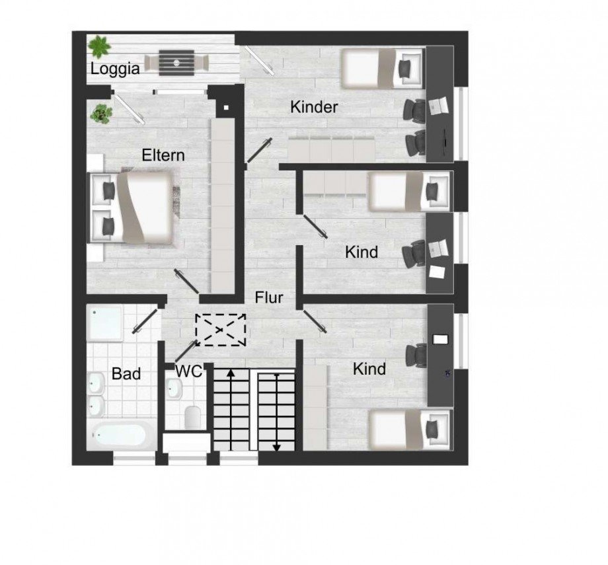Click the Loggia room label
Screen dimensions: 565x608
click(115, 68)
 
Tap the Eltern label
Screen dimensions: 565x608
click(163, 155)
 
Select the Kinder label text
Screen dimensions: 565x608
click(314, 107)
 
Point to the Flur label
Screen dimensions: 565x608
click(269, 298)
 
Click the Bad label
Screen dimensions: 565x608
click(126, 374)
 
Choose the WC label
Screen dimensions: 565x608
click(188, 371)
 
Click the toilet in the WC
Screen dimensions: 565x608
click(193, 416)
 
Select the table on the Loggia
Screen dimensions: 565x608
click(177, 62)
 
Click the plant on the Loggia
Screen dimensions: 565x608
click(100, 46)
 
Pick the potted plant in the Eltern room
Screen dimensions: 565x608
click(101, 113)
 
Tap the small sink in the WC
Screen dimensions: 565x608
click(174, 390)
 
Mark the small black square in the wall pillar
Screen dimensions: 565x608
click(226, 107)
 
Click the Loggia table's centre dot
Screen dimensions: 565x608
click(177, 62)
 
